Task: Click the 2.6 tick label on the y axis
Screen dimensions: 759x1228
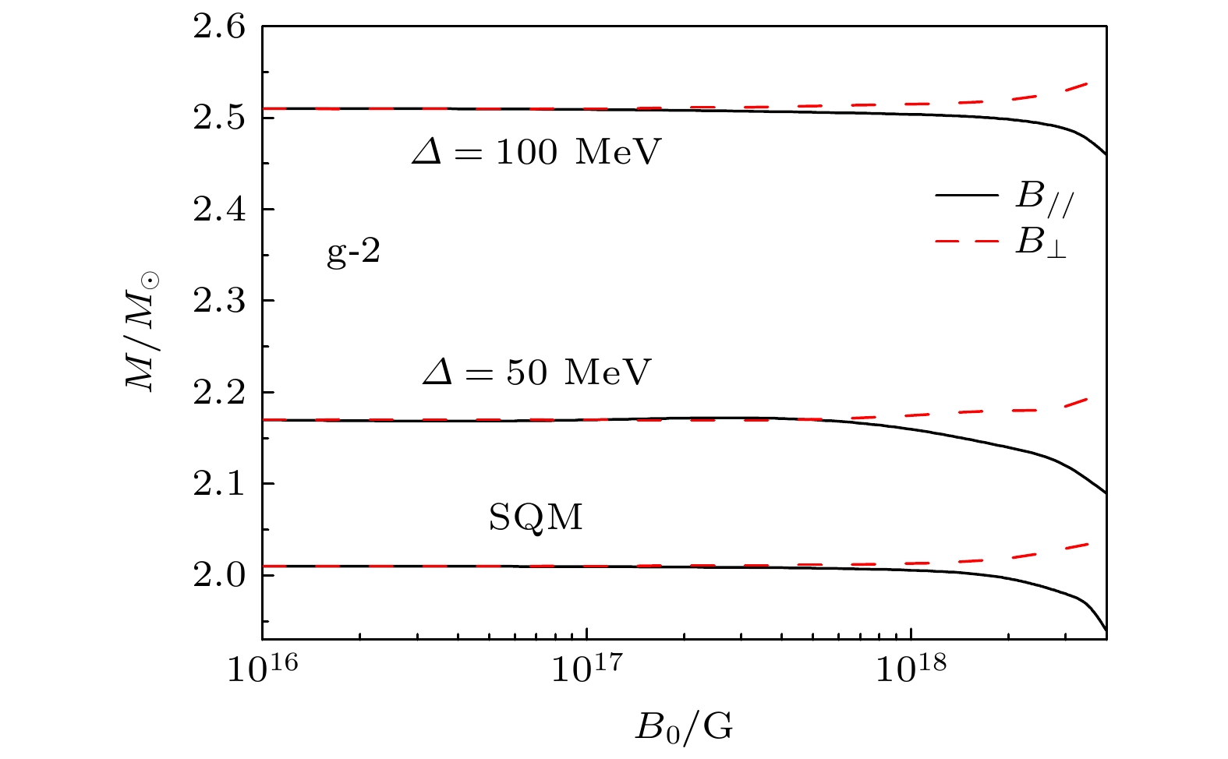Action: tap(219, 29)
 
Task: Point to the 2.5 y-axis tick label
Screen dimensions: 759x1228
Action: tap(219, 119)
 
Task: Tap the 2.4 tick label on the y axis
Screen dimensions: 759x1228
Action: tap(219, 210)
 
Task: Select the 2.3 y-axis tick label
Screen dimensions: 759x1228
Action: tap(219, 302)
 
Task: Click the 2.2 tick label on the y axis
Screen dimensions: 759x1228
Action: tap(219, 393)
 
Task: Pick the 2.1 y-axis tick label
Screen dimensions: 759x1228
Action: tap(219, 485)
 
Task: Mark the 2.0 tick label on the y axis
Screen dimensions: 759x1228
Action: tap(219, 576)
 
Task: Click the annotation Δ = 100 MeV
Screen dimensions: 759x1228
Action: tap(536, 153)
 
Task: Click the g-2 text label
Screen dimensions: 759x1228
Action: tap(353, 254)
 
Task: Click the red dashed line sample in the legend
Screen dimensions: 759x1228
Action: tap(966, 241)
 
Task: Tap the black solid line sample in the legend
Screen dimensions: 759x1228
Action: tap(966, 193)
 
